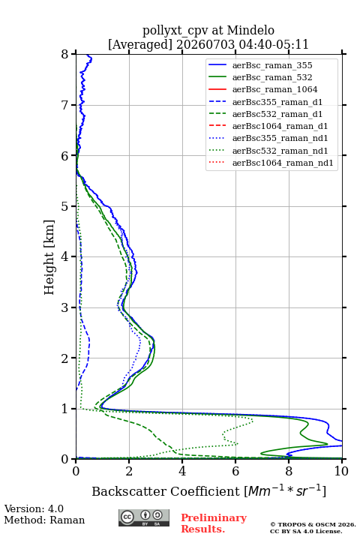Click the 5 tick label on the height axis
65,206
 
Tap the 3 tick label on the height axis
65,307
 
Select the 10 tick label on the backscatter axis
341,471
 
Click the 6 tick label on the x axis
235,471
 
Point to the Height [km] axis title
49,257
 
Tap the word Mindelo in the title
250,30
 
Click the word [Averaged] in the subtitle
140,44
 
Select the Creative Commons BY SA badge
144,517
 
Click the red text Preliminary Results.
214,523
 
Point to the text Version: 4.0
34,508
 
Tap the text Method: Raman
44,520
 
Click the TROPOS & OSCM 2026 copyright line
313,524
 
